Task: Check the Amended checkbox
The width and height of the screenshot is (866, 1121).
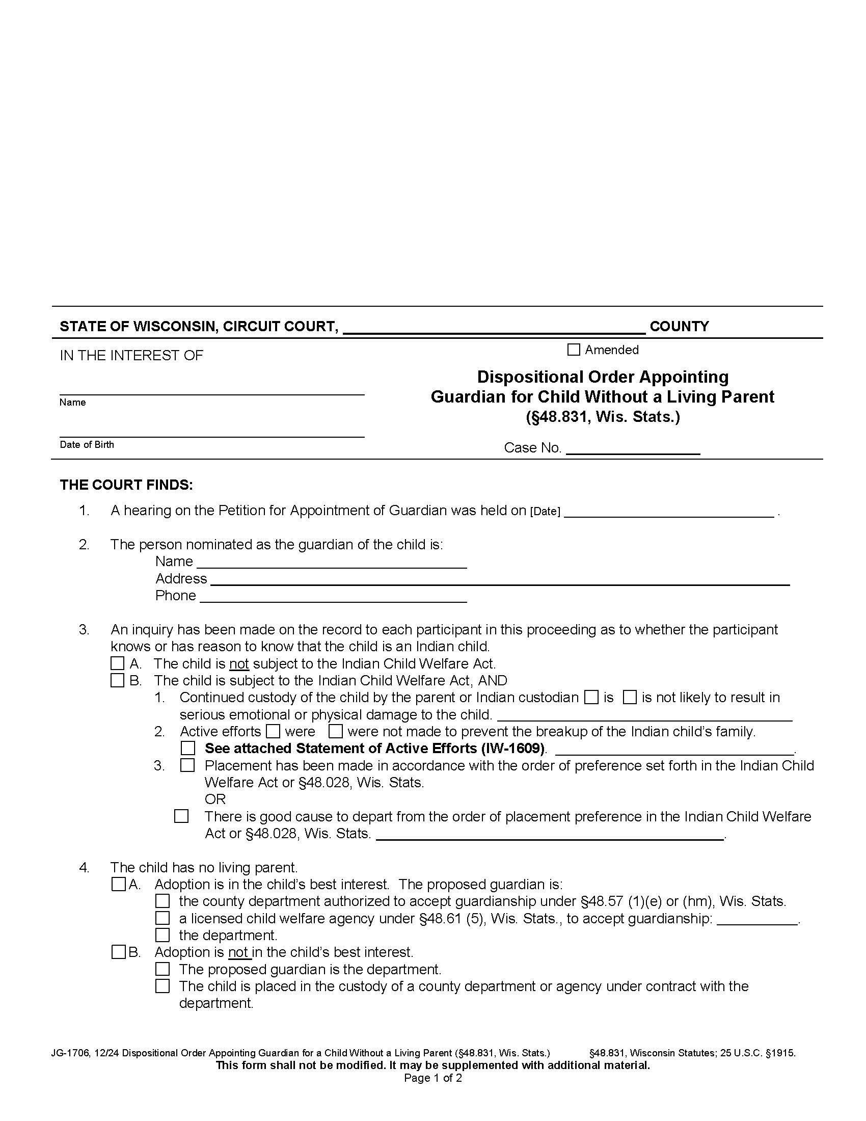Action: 574,350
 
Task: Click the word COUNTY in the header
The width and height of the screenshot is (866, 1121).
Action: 679,327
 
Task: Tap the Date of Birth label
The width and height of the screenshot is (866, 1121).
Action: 87,444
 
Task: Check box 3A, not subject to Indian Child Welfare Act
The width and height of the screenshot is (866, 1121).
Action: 118,663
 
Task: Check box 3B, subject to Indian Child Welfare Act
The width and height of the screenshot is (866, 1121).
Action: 118,681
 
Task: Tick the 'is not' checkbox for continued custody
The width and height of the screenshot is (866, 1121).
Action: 630,698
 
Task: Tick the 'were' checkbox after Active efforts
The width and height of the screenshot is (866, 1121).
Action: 273,731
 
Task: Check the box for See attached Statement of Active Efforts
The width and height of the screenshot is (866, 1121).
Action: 188,749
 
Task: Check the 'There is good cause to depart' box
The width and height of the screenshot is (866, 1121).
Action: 181,816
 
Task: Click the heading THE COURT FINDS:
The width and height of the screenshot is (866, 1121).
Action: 126,485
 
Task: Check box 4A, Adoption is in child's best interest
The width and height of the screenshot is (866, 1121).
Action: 118,885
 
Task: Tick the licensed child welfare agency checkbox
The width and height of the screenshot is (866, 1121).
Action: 163,918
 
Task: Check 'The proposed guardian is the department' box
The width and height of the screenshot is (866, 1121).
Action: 163,969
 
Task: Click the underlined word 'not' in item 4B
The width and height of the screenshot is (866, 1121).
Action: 238,953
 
